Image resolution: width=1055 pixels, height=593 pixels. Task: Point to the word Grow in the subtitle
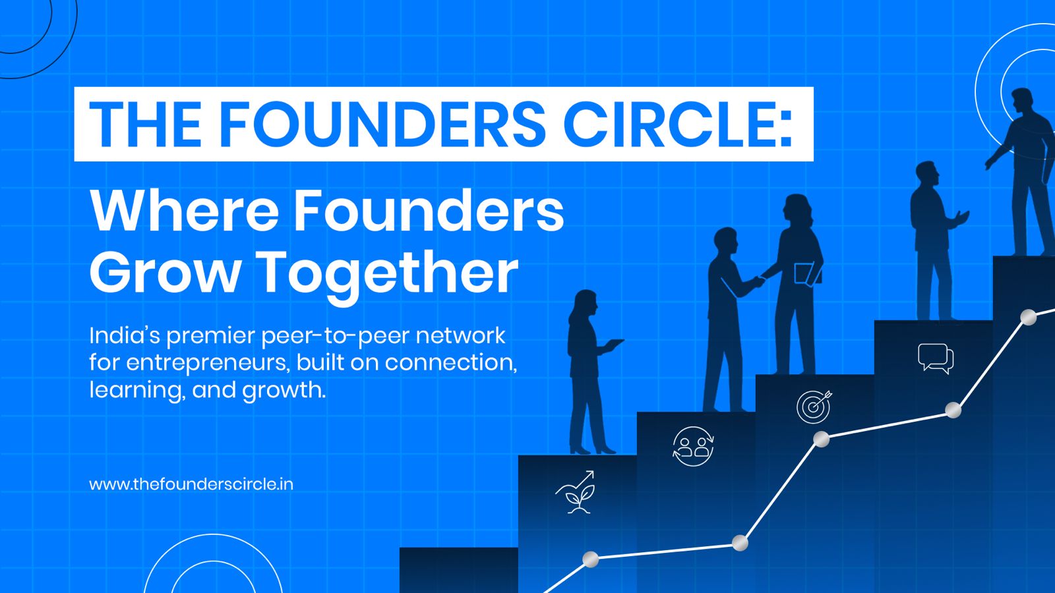pyautogui.click(x=165, y=271)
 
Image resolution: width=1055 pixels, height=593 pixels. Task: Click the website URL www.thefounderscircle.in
pyautogui.click(x=191, y=484)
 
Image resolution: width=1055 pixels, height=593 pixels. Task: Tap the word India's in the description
pyautogui.click(x=125, y=336)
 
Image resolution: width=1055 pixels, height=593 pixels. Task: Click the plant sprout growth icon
pyautogui.click(x=576, y=492)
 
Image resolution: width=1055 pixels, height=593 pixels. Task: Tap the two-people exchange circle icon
pyautogui.click(x=692, y=446)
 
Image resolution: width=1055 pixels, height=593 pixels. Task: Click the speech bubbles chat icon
pyautogui.click(x=935, y=358)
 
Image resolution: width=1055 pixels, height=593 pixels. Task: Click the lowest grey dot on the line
pyautogui.click(x=591, y=559)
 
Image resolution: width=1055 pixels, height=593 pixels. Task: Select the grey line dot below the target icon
pyautogui.click(x=821, y=439)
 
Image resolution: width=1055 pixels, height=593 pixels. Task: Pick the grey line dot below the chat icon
pyautogui.click(x=953, y=410)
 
